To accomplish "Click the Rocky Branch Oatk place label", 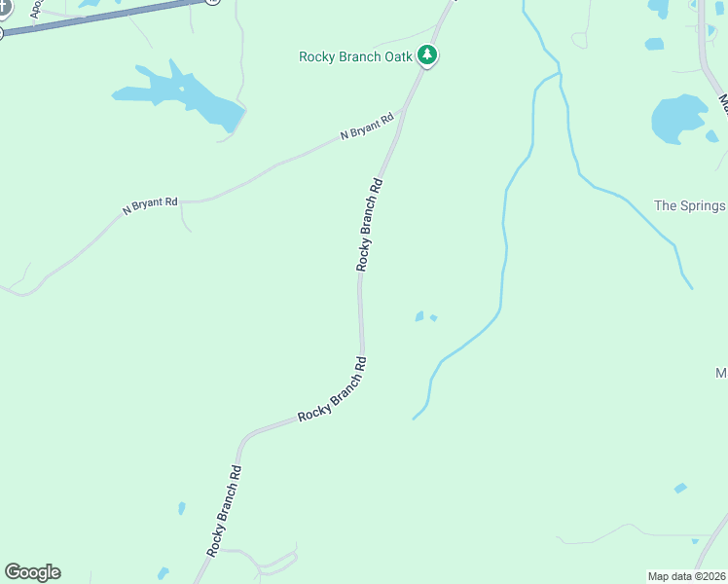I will pyautogui.click(x=356, y=56).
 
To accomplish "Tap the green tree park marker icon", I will pyautogui.click(x=426, y=55).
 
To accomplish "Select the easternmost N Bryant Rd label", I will pyautogui.click(x=367, y=127).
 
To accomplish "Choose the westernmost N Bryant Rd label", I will pyautogui.click(x=150, y=205).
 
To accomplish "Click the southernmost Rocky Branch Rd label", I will pyautogui.click(x=223, y=511).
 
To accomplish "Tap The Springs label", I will pyautogui.click(x=689, y=205).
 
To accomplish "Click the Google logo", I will pyautogui.click(x=32, y=571).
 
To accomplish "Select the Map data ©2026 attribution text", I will pyautogui.click(x=686, y=576).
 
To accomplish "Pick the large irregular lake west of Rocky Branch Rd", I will pyautogui.click(x=185, y=95).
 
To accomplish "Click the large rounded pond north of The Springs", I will pyautogui.click(x=676, y=120).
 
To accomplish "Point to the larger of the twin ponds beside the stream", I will pyautogui.click(x=419, y=316).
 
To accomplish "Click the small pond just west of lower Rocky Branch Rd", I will pyautogui.click(x=182, y=508).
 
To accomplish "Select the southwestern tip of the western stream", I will pyautogui.click(x=414, y=420).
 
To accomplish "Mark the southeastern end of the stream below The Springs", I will pyautogui.click(x=692, y=288).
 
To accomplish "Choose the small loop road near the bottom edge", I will pyautogui.click(x=276, y=562).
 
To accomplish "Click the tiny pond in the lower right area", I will pyautogui.click(x=679, y=488).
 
